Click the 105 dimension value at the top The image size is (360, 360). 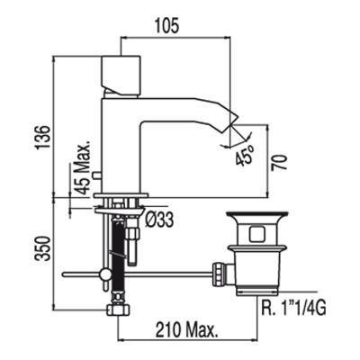click(166, 25)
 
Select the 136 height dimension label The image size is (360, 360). click(43, 137)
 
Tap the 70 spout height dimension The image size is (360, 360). click(279, 163)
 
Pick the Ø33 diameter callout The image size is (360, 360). click(159, 220)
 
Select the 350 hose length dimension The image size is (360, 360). click(43, 248)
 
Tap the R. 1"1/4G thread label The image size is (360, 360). click(293, 308)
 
